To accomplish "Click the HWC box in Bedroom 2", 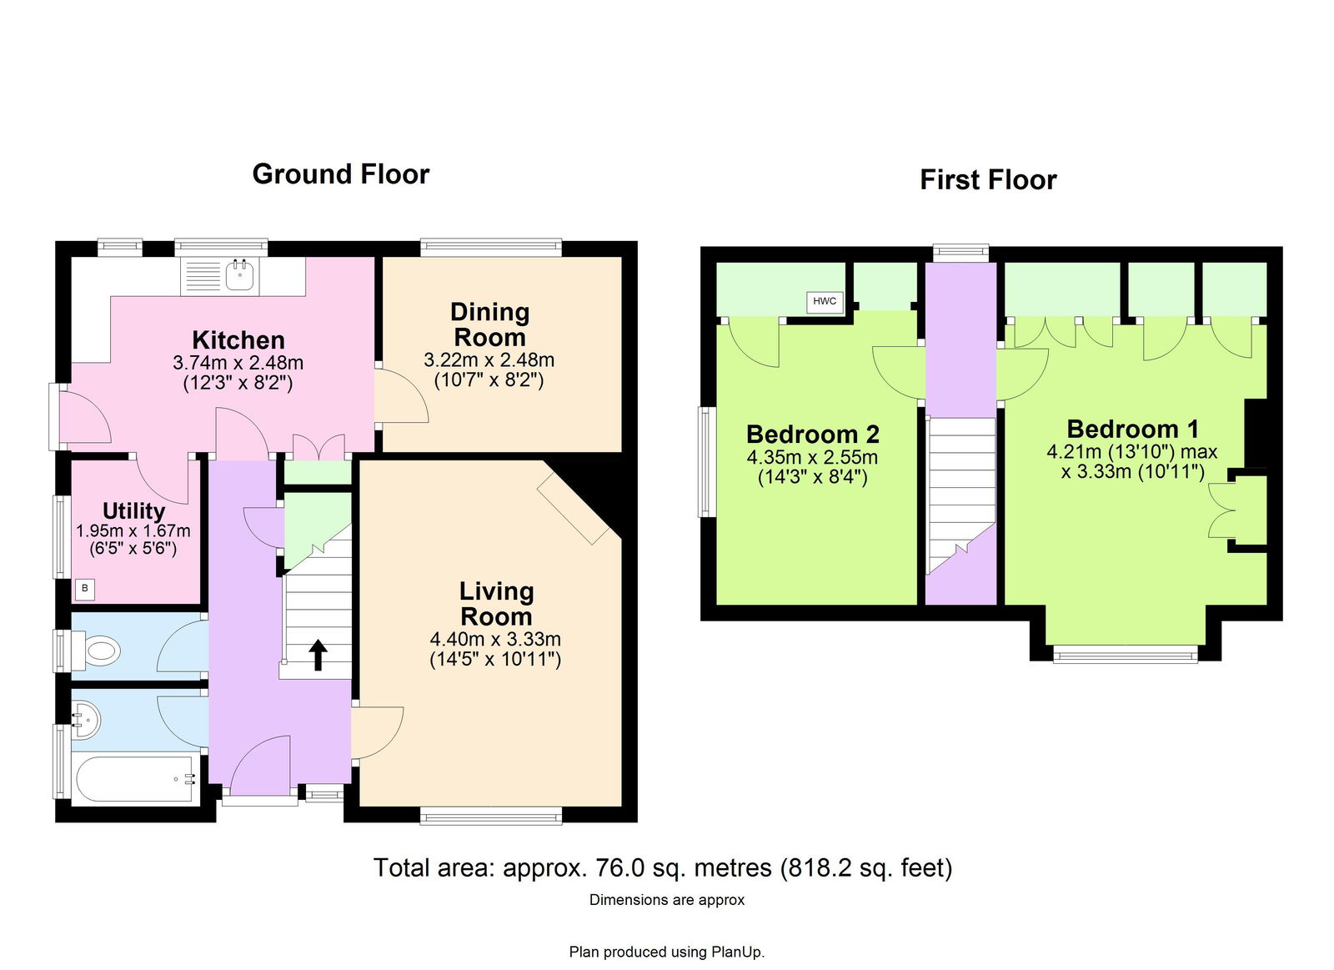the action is pyautogui.click(x=825, y=301).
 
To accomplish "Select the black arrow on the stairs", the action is pyautogui.click(x=318, y=656).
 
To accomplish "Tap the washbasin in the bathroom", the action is pyautogui.click(x=84, y=721).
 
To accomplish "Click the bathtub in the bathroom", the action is pyautogui.click(x=133, y=779).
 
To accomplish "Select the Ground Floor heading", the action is pyautogui.click(x=341, y=174).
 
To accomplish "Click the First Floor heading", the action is pyautogui.click(x=988, y=179).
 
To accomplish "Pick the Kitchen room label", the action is pyautogui.click(x=238, y=340).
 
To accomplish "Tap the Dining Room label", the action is pyautogui.click(x=489, y=324).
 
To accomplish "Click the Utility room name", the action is pyautogui.click(x=133, y=511).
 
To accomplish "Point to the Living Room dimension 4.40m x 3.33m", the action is pyautogui.click(x=495, y=640).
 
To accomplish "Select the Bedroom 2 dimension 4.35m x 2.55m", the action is pyautogui.click(x=812, y=458).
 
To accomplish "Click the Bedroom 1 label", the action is pyautogui.click(x=1132, y=429).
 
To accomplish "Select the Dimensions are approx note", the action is pyautogui.click(x=667, y=900).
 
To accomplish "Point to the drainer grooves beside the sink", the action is pyautogui.click(x=203, y=277).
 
